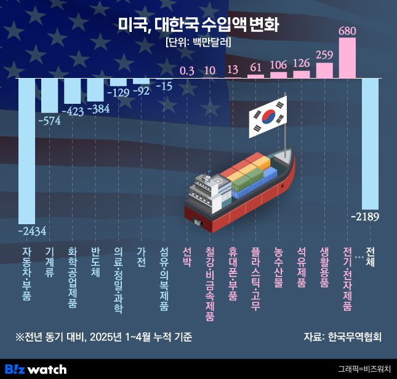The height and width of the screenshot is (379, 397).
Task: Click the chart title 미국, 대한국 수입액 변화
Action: tap(198, 25)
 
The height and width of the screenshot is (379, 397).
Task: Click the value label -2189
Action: tap(367, 217)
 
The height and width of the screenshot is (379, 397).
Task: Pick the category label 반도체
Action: tap(95, 262)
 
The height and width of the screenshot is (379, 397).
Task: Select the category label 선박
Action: tap(186, 257)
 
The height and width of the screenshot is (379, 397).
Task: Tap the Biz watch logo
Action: tap(35, 369)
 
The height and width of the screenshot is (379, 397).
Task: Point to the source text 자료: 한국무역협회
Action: tap(342, 337)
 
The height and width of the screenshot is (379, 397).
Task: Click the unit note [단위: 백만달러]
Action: tap(198, 44)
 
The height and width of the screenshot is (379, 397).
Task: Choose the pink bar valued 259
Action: tap(324, 70)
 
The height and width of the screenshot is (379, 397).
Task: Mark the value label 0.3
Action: tap(187, 70)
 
